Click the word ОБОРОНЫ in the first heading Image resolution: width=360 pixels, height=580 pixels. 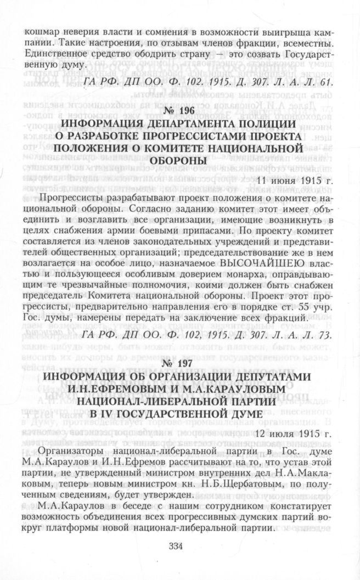click(x=180, y=160)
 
